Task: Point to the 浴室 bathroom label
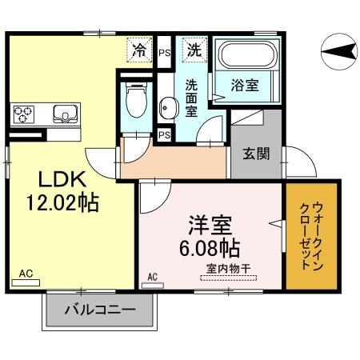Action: (245, 85)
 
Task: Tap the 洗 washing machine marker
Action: (194, 50)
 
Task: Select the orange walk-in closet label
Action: (310, 237)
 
